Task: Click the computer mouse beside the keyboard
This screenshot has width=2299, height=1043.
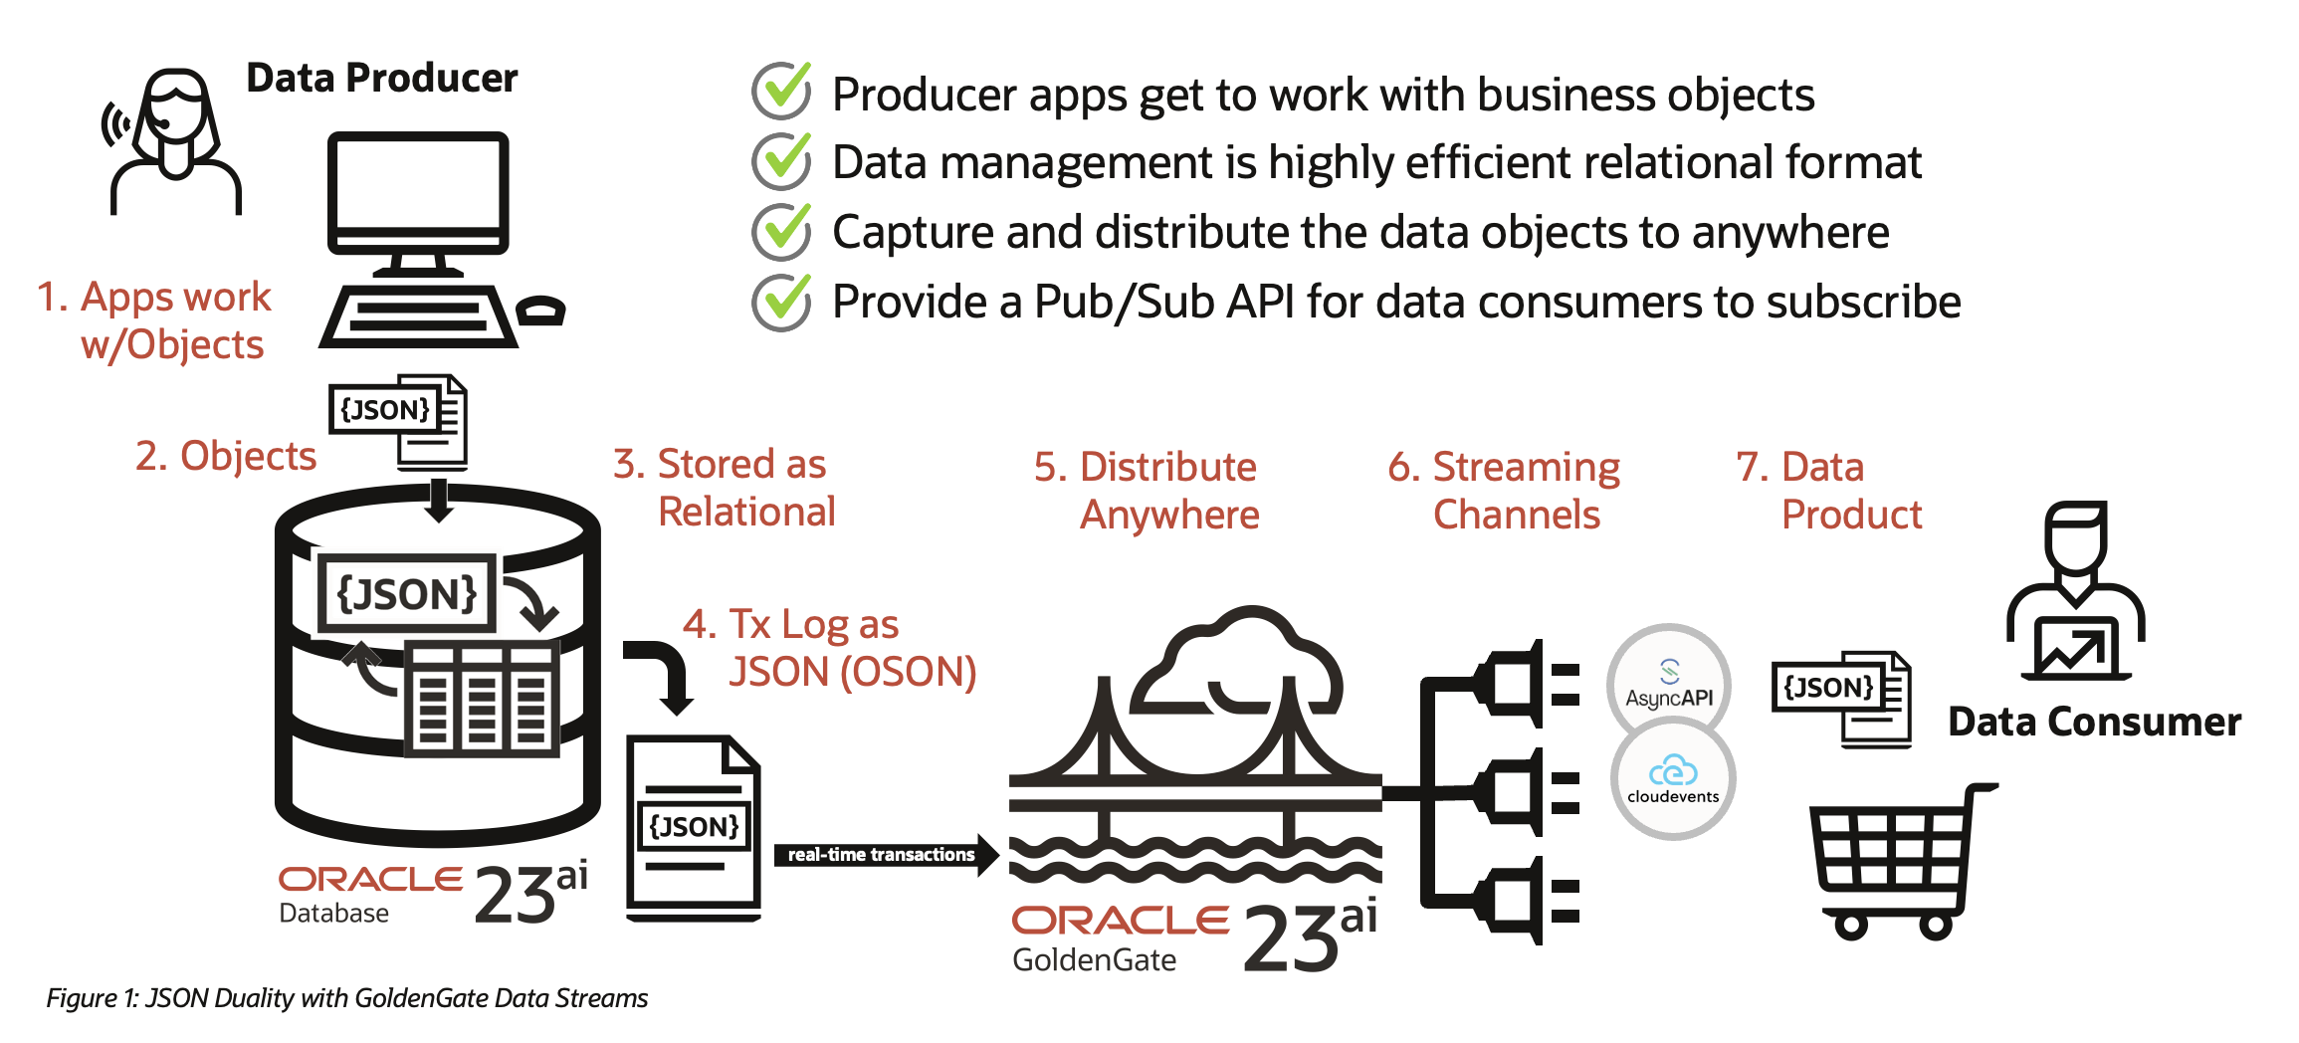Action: click(541, 311)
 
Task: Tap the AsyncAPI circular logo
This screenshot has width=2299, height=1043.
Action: click(1669, 685)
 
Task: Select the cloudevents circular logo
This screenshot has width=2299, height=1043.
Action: click(1673, 779)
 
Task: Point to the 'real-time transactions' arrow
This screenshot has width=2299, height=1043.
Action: click(885, 855)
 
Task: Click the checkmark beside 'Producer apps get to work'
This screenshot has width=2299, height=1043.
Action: click(782, 91)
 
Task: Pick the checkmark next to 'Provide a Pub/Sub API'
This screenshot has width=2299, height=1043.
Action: click(782, 302)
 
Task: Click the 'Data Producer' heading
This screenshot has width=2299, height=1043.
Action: click(381, 78)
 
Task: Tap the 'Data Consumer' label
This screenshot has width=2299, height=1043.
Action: click(2094, 722)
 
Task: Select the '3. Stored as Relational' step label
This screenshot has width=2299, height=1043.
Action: click(725, 488)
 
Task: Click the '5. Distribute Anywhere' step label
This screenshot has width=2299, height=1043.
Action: click(1147, 491)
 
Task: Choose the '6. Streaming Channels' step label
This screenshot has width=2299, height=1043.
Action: click(1505, 491)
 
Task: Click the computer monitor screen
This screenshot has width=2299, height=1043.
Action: click(418, 185)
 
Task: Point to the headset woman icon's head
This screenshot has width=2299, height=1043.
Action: click(175, 109)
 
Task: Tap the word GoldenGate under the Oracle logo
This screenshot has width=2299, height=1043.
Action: click(1094, 959)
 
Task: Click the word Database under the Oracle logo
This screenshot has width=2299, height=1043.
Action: click(333, 914)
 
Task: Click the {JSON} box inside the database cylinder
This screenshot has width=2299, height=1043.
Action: click(406, 593)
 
